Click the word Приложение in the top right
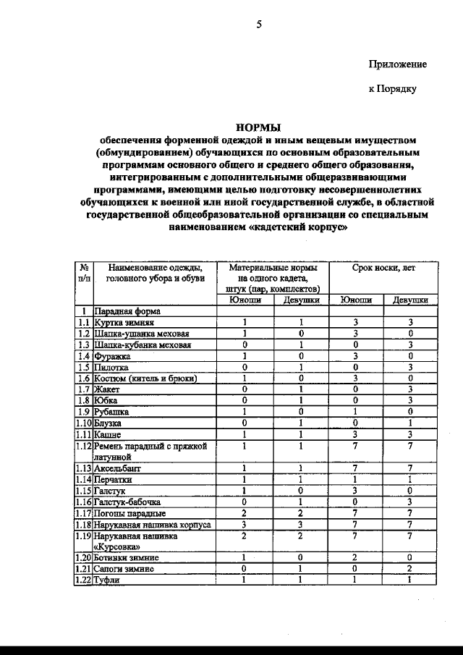pos(397,64)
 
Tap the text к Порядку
pos(392,90)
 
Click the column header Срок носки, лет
pos(383,268)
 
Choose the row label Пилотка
pos(111,367)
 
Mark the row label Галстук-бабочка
pos(127,502)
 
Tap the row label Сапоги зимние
pos(124,569)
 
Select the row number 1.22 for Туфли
pos(84,580)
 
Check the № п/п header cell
pos(84,273)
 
